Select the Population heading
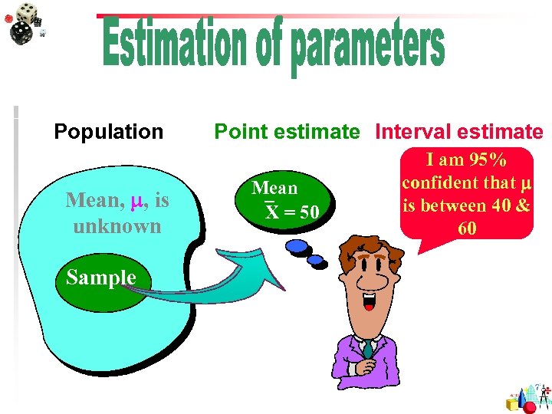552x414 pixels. tap(108, 132)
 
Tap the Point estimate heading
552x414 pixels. tap(287, 132)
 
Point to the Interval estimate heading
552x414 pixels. tap(458, 132)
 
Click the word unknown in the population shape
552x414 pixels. tap(117, 226)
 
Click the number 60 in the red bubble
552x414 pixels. tap(466, 228)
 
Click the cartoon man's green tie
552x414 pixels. tap(369, 350)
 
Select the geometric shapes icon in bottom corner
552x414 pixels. tap(528, 397)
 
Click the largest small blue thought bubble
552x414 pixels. tap(296, 247)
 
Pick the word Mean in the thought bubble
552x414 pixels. tap(274, 188)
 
